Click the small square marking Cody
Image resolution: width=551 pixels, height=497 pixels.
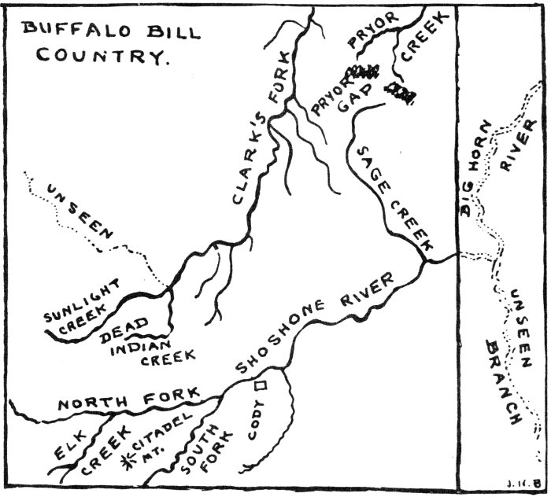click(261, 385)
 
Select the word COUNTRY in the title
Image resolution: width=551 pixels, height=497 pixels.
click(101, 56)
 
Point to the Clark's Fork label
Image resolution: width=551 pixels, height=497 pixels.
click(261, 128)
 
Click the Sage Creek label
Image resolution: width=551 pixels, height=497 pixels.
click(395, 199)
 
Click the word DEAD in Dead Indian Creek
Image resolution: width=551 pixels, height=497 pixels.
click(124, 330)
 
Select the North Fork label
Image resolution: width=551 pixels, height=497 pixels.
click(129, 399)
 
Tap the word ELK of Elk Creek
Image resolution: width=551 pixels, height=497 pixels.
click(70, 445)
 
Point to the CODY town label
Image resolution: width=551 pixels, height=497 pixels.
click(256, 419)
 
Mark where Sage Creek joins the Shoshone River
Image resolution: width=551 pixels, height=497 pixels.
click(424, 262)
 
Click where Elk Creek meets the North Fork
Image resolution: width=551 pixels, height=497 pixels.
click(112, 415)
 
